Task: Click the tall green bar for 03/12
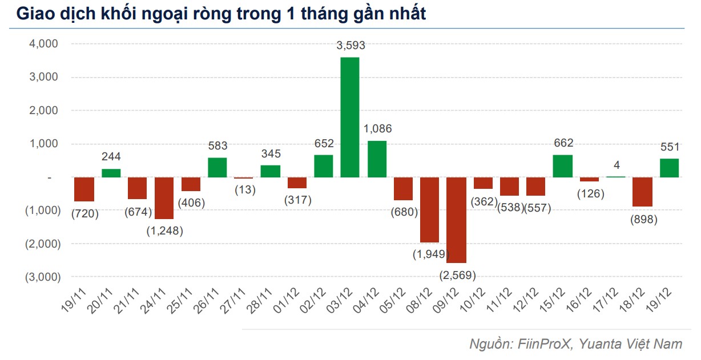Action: point(350,117)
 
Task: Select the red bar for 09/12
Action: point(456,220)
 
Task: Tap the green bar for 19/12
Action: point(669,168)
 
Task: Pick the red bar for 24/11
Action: point(164,198)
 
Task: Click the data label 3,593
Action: point(350,46)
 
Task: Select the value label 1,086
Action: point(377,129)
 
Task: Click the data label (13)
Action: point(244,189)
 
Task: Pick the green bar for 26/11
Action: point(217,167)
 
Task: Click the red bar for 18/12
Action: point(642,192)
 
